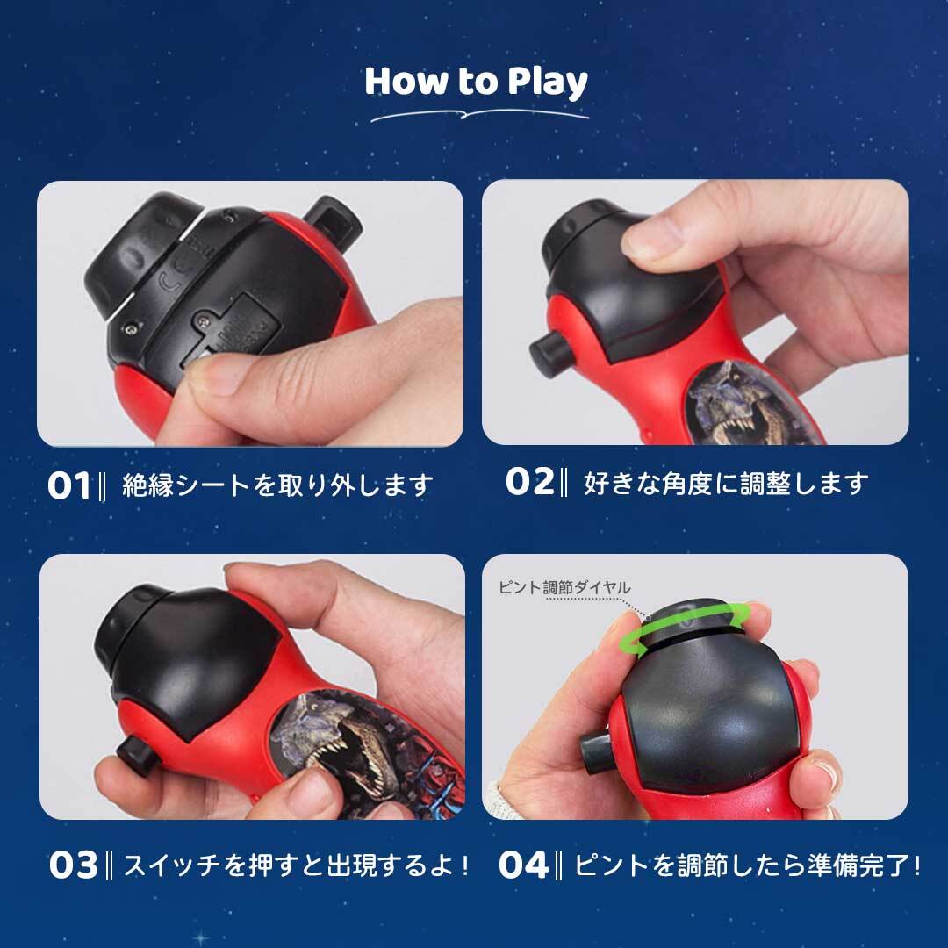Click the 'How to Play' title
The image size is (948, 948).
[x=476, y=81]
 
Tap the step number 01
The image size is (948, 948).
[x=69, y=485]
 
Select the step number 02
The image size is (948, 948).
[x=529, y=482]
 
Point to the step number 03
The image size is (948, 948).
[x=73, y=865]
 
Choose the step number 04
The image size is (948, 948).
[x=523, y=865]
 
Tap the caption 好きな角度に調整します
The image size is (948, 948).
[x=726, y=483]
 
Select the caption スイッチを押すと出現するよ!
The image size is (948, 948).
[x=296, y=865]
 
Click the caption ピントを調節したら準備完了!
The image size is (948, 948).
[x=747, y=865]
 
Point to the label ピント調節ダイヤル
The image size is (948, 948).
[x=564, y=587]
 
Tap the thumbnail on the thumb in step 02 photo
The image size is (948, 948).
[x=651, y=240]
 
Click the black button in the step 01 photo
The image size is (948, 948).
[x=332, y=223]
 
